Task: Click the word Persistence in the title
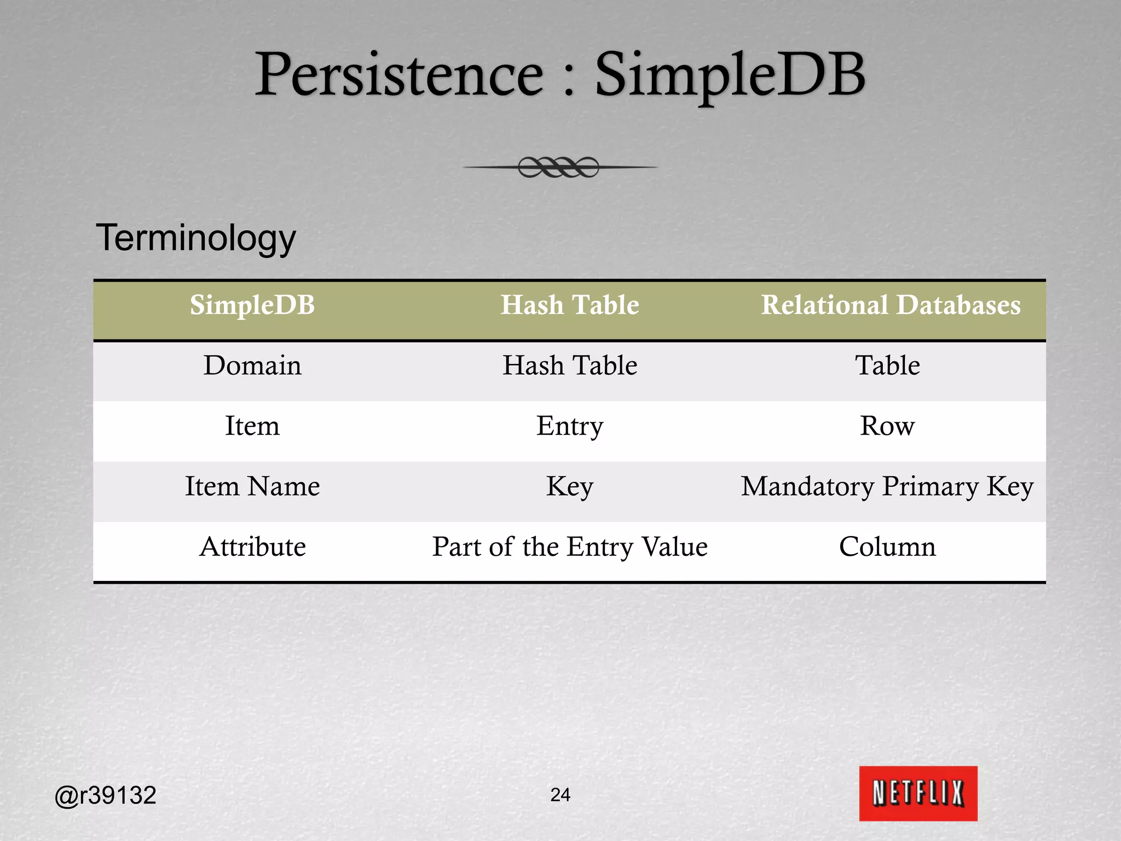coord(400,75)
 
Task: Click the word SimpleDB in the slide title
coord(730,75)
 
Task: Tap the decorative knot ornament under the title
coord(559,167)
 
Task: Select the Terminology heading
coord(196,238)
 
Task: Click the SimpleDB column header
coord(252,305)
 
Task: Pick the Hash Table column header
coord(570,305)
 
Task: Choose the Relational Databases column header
coord(891,305)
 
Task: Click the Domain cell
coord(252,365)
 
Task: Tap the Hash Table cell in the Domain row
coord(570,365)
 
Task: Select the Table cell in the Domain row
coord(887,365)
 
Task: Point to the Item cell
coord(252,426)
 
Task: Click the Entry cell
coord(570,426)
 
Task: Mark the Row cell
coord(887,426)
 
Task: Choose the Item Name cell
coord(252,486)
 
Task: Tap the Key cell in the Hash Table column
coord(570,486)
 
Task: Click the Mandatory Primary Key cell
coord(887,486)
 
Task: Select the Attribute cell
coord(252,546)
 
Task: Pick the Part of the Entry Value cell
coord(570,546)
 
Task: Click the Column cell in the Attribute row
coord(887,546)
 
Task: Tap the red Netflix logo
coord(918,793)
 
